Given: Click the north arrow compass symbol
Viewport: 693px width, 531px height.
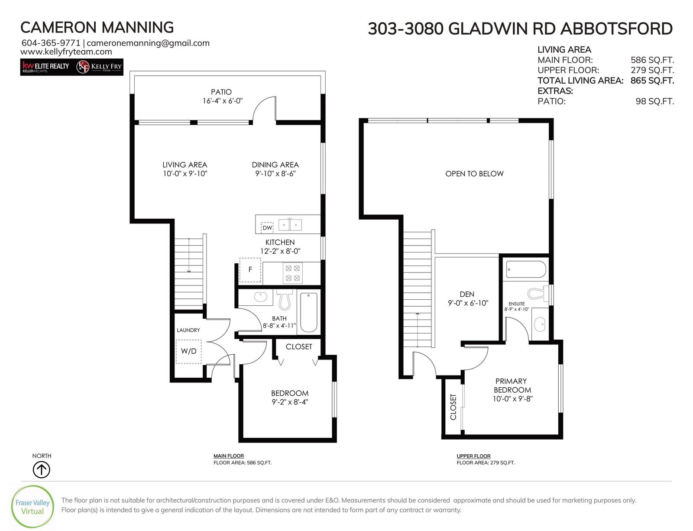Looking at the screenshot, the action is (42, 470).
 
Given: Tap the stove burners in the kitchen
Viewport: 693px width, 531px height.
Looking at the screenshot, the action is (292, 273).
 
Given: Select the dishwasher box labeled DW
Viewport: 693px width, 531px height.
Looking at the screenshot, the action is (267, 227).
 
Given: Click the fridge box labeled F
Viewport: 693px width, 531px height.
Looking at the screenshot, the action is (250, 270).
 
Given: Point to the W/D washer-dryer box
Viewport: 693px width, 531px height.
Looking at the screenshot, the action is (188, 351).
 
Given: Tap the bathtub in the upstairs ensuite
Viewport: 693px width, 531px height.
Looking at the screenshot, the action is (526, 269).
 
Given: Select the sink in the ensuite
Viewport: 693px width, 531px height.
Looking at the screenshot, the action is (539, 325).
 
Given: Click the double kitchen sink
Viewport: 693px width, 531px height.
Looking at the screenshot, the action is (290, 225).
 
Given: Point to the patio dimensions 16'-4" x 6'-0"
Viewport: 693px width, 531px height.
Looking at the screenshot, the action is (223, 101).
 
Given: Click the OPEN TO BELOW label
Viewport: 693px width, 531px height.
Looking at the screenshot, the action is (474, 174).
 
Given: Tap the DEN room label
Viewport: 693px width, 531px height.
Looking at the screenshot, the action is (467, 294).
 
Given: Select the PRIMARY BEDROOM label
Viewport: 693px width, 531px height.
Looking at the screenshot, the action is (512, 385).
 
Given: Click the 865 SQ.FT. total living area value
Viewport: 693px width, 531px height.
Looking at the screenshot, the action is (652, 81).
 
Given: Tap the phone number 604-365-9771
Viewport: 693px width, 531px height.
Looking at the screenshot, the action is (51, 43).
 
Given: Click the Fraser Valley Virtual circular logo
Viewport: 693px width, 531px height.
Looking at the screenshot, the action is (32, 507).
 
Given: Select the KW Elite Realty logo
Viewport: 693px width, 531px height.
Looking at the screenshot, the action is (45, 67).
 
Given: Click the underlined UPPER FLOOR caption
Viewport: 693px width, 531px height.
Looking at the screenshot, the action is (473, 457).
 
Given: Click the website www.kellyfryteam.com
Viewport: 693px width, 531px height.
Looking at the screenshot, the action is (66, 52).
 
